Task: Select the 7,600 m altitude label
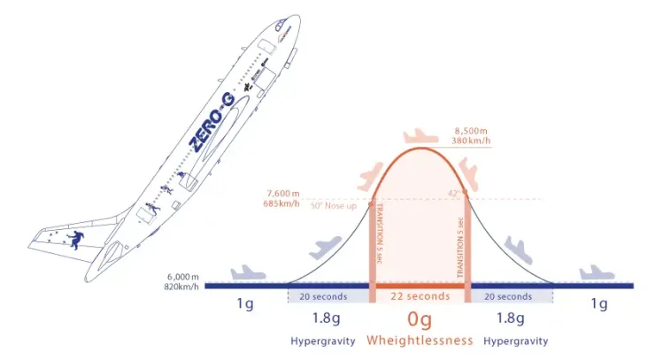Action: point(285,193)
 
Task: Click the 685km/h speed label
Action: point(285,204)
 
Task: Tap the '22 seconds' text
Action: point(420,297)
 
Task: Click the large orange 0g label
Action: point(420,318)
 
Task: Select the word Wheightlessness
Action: point(420,340)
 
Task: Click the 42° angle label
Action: point(452,193)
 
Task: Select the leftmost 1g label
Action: point(245,305)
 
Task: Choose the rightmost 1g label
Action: point(598,305)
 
